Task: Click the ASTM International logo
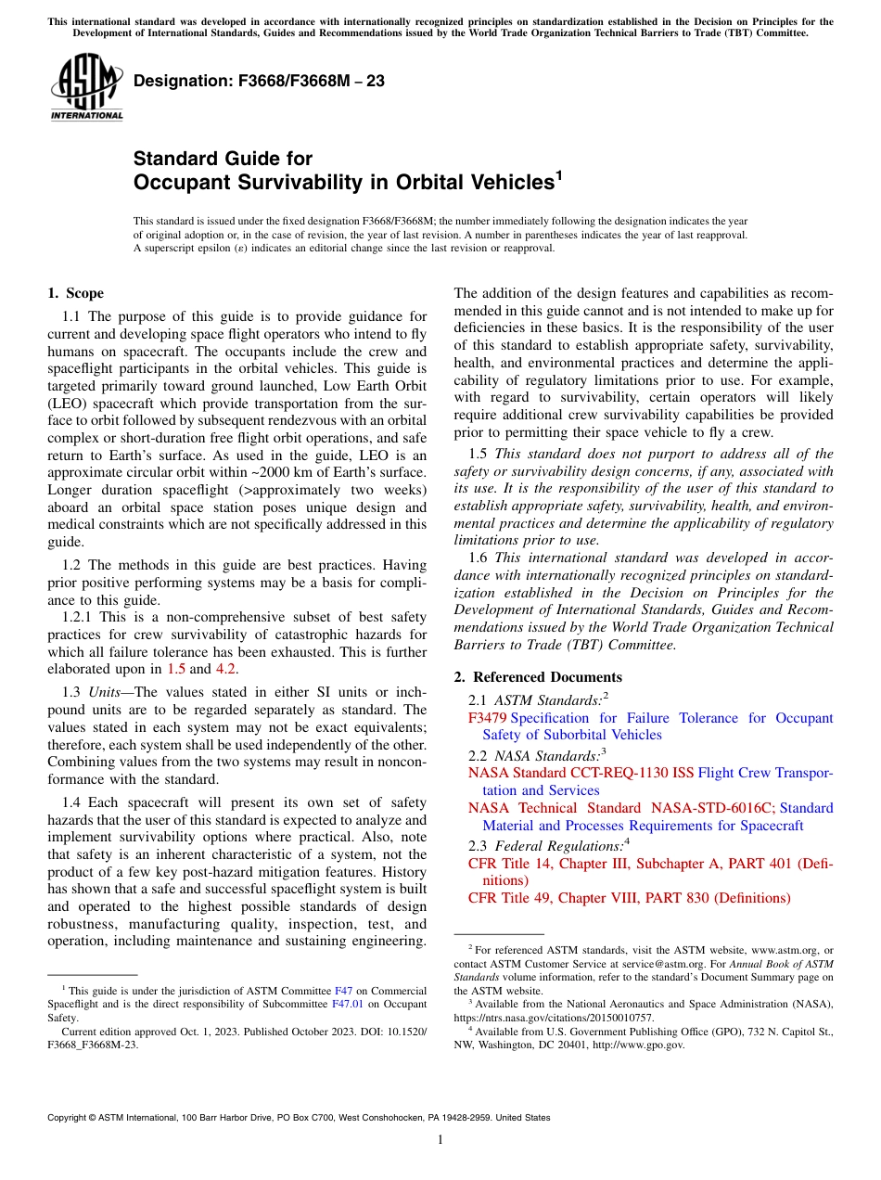85,87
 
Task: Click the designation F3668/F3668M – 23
259,82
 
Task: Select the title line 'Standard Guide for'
223,159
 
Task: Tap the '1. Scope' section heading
75,294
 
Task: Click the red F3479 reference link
487,718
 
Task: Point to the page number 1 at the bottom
440,1140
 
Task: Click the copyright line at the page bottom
299,1118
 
